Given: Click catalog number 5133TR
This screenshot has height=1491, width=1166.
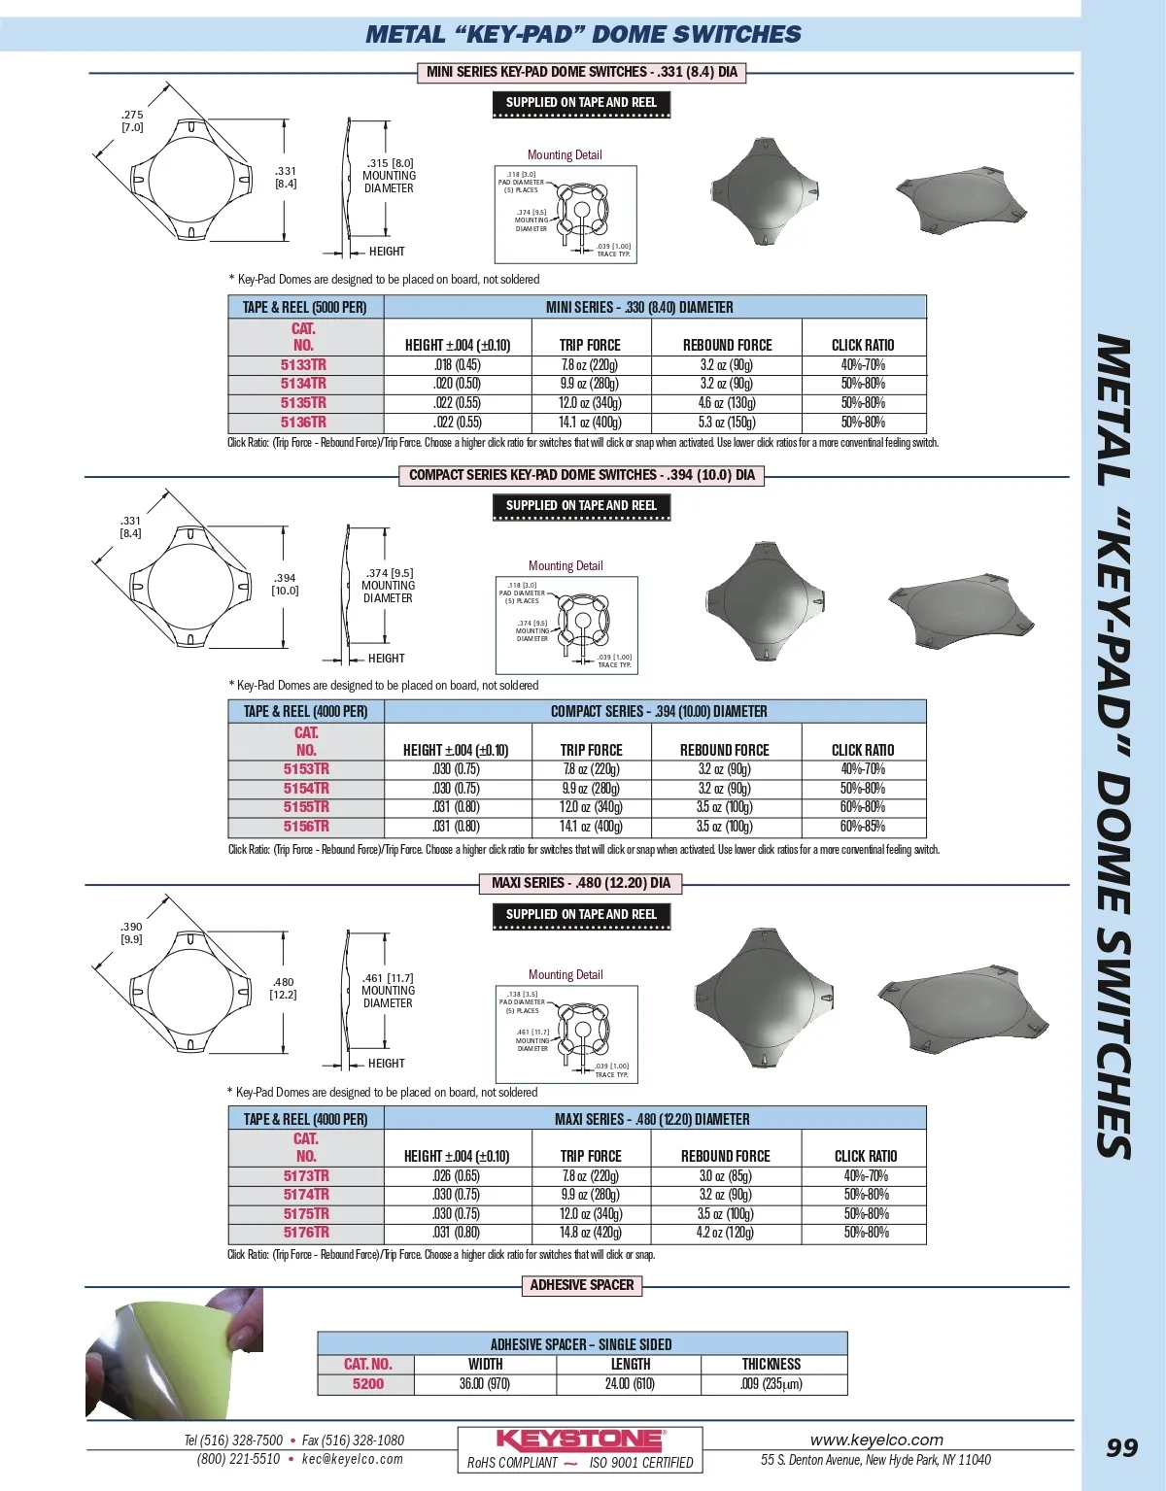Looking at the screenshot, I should pyautogui.click(x=303, y=365).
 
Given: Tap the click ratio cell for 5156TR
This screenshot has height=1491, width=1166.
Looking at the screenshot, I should pyautogui.click(x=863, y=827).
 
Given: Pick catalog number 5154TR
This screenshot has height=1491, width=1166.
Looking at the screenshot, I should pyautogui.click(x=306, y=789).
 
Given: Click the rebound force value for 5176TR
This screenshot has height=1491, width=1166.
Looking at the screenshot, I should pyautogui.click(x=725, y=1233).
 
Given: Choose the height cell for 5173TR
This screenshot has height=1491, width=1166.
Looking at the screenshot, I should pyautogui.click(x=456, y=1176).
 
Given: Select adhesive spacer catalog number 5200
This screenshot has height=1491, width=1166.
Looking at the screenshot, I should pyautogui.click(x=367, y=1384).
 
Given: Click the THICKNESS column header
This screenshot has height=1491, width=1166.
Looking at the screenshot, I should pyautogui.click(x=772, y=1365).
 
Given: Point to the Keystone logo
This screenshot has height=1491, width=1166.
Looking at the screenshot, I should pyautogui.click(x=580, y=1440).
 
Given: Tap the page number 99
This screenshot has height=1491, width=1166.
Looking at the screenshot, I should pyautogui.click(x=1121, y=1448).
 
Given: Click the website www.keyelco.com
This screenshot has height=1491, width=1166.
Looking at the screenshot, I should pyautogui.click(x=876, y=1440).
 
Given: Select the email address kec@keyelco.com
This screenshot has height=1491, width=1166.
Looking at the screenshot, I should pyautogui.click(x=352, y=1459).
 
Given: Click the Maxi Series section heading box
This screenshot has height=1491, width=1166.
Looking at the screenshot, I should pyautogui.click(x=581, y=883).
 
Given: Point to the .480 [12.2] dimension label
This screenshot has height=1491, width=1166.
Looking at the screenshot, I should pyautogui.click(x=283, y=988).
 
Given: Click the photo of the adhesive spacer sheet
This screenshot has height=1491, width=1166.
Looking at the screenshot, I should pyautogui.click(x=175, y=1352).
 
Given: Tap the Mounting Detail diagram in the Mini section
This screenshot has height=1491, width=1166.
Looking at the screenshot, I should pyautogui.click(x=566, y=214).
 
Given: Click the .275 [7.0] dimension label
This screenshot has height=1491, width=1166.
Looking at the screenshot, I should pyautogui.click(x=132, y=120).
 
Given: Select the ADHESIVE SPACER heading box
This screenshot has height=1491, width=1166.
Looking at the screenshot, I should pyautogui.click(x=581, y=1285).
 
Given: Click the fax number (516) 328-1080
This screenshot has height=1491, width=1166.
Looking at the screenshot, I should pyautogui.click(x=353, y=1440).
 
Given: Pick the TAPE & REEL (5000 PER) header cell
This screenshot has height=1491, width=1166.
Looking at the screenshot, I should pyautogui.click(x=304, y=307).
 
